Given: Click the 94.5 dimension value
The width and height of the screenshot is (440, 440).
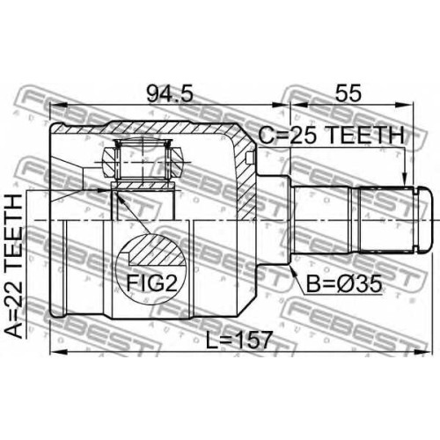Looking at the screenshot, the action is click(x=170, y=93).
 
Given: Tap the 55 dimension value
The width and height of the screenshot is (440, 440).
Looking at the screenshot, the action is click(x=348, y=93).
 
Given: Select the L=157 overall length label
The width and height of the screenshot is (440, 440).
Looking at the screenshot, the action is click(x=238, y=340).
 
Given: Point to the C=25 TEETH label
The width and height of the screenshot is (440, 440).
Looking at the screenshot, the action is click(x=332, y=136).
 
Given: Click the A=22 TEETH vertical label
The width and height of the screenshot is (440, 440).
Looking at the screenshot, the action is click(x=14, y=267).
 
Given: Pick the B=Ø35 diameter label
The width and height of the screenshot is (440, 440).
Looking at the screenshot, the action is click(x=344, y=283).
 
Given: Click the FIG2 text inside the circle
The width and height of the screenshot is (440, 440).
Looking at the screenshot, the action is click(x=152, y=282).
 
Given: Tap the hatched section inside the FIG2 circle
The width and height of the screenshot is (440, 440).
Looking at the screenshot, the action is click(x=157, y=249).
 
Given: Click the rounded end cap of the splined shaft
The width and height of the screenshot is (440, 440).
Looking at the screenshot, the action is click(x=425, y=219).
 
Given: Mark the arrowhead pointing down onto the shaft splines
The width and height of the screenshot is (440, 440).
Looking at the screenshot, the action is click(x=405, y=180).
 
